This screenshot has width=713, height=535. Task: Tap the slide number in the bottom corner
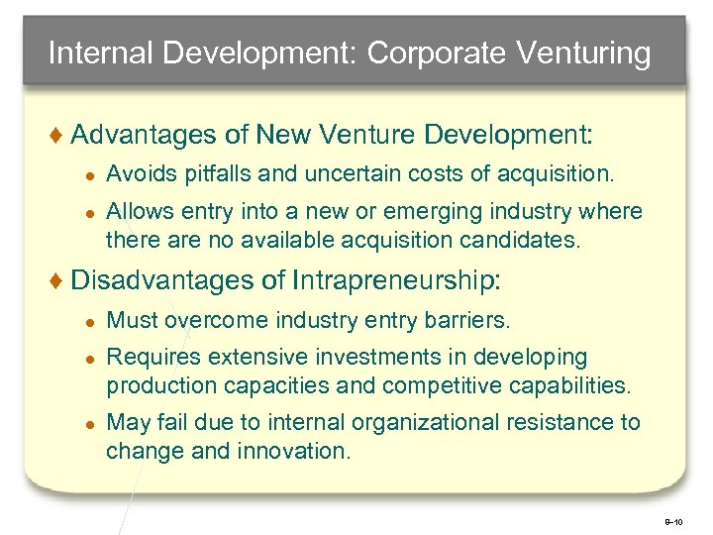point(674,519)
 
